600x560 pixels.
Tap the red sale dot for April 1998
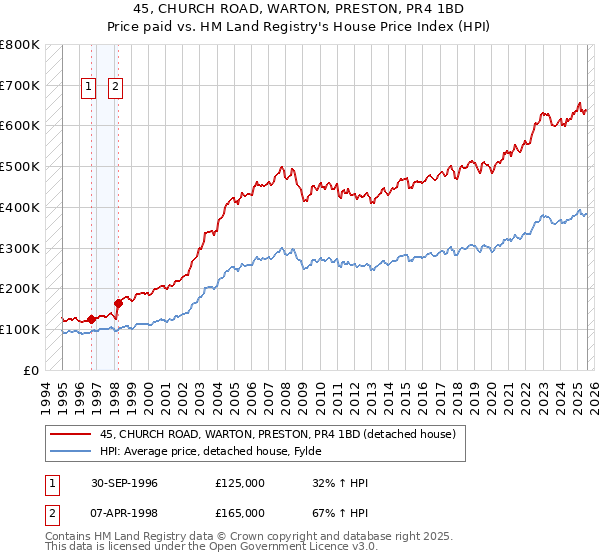click(x=118, y=302)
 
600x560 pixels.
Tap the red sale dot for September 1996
click(x=92, y=319)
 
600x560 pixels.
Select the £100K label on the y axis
click(x=20, y=329)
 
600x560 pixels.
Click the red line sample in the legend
click(x=68, y=434)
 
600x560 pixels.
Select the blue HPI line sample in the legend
click(x=68, y=451)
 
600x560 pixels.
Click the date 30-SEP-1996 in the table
click(x=121, y=483)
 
